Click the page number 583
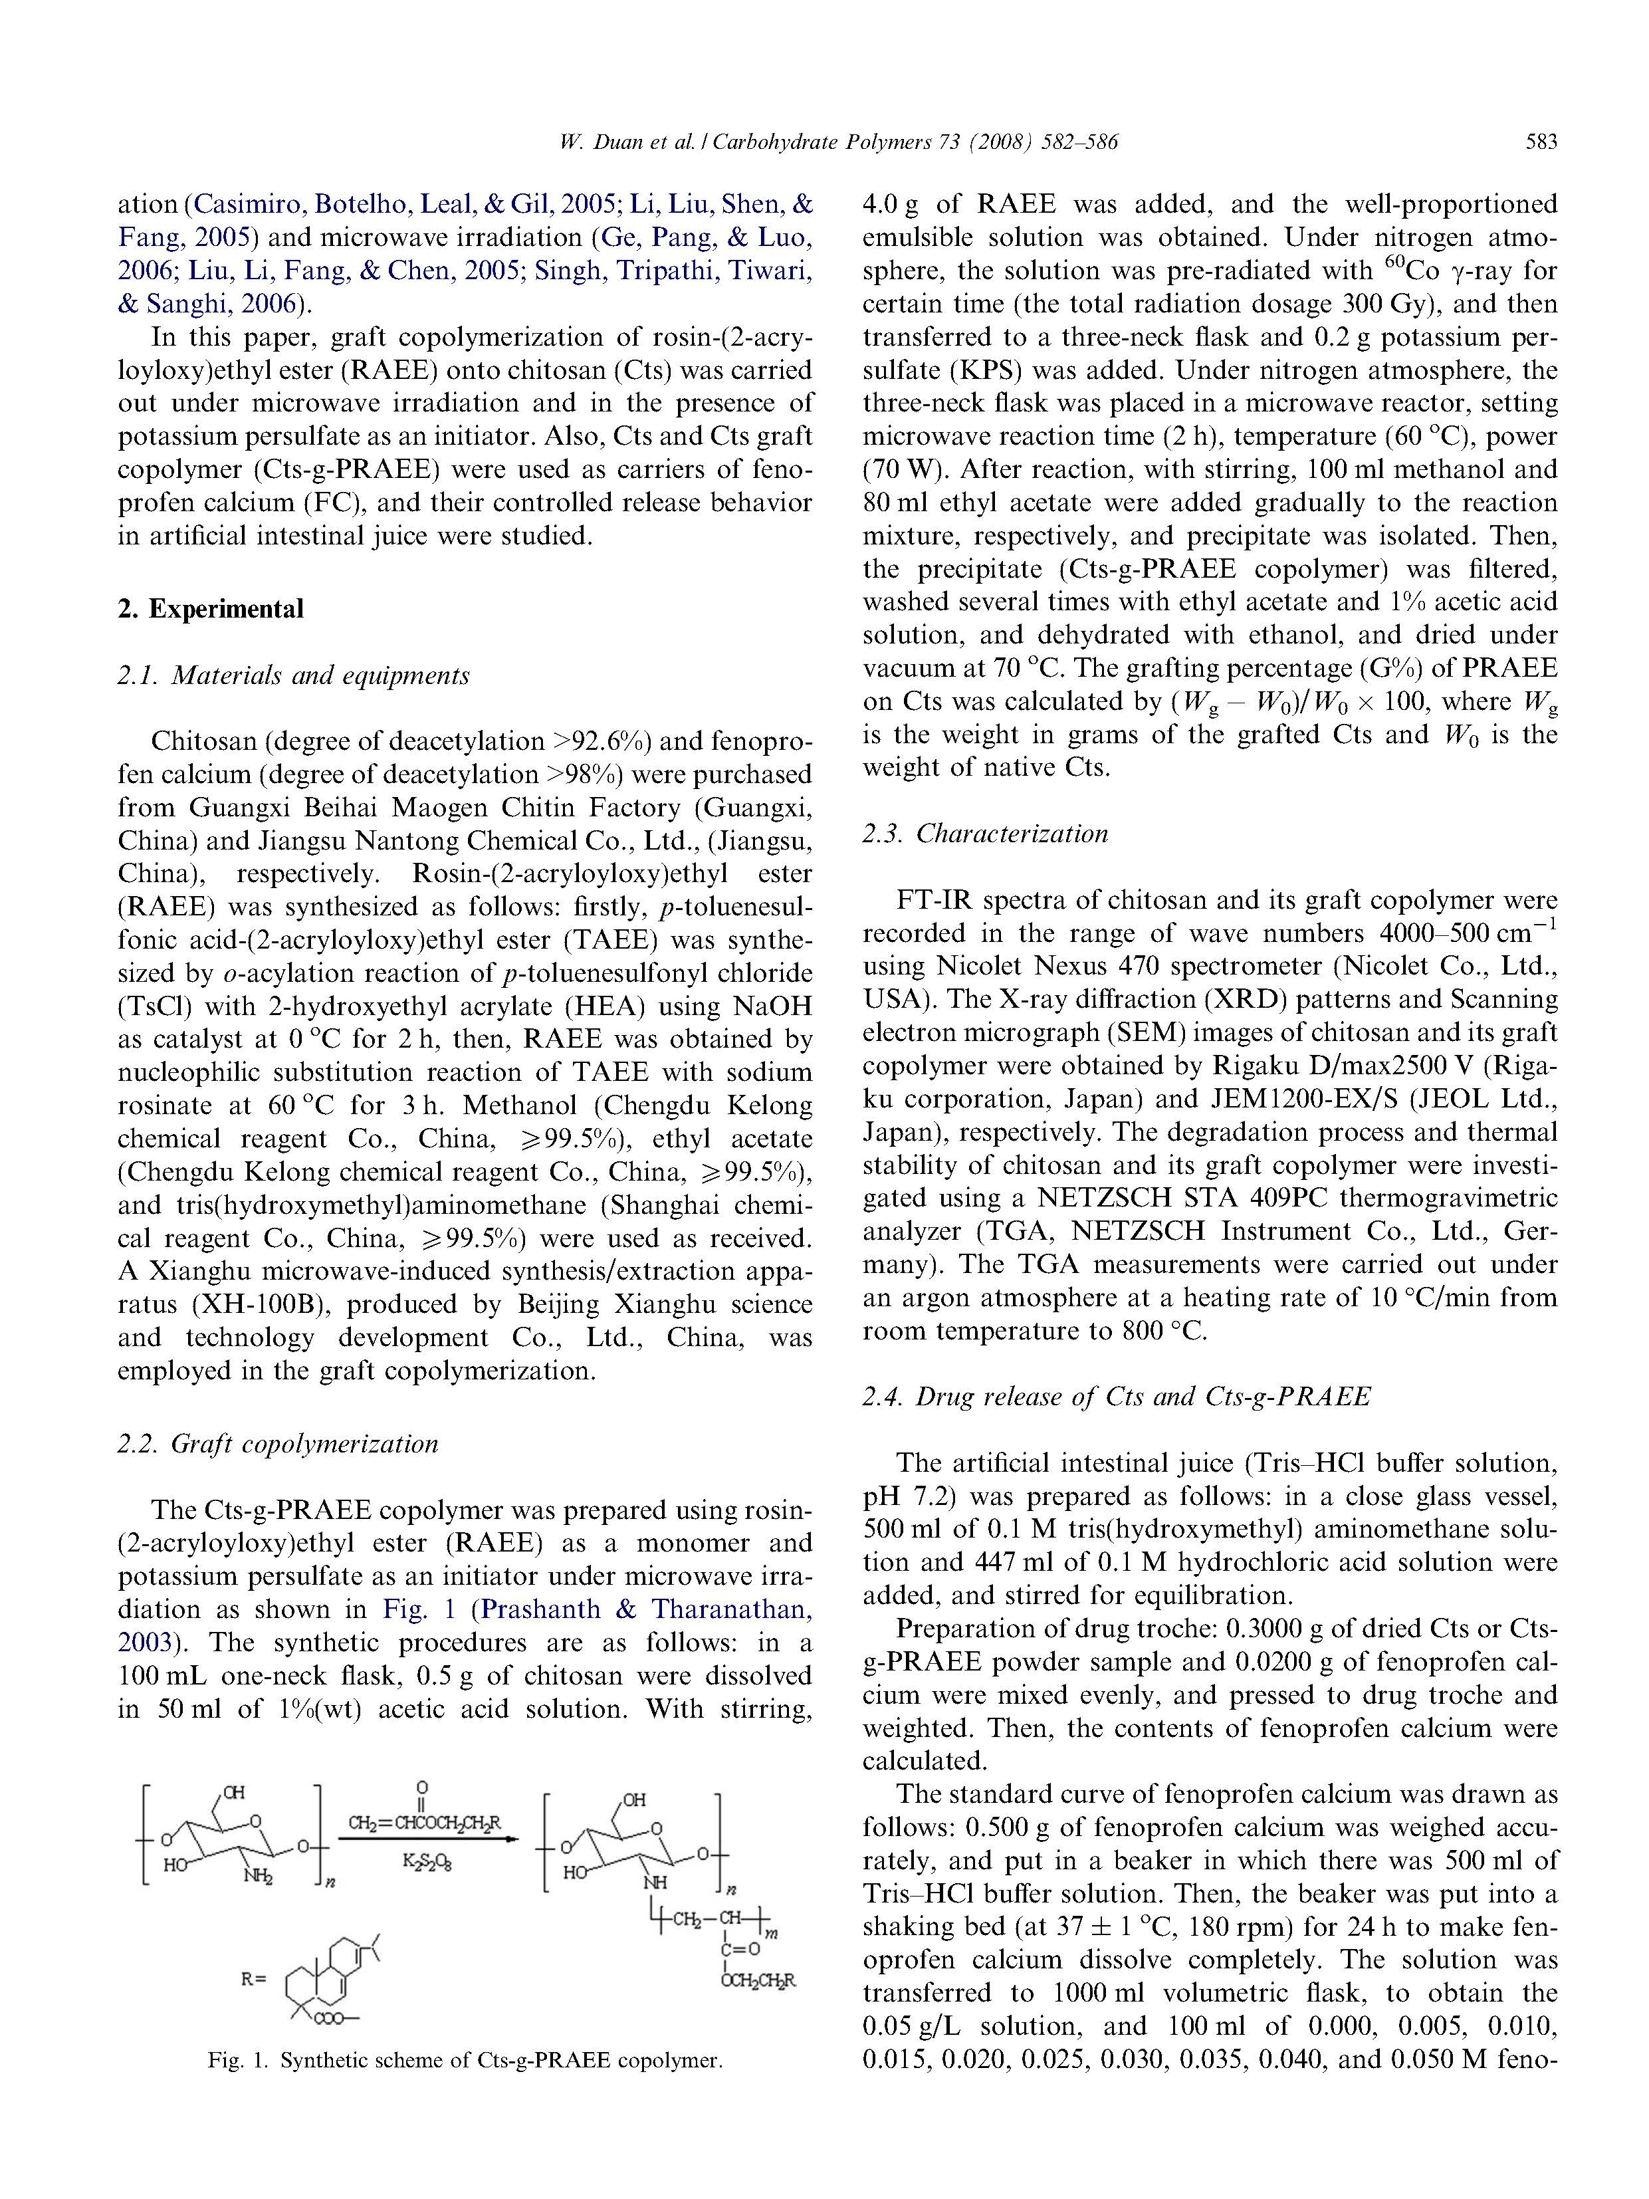point(1541,142)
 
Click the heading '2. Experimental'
point(210,608)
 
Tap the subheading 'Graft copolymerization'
point(303,1443)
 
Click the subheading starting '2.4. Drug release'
point(1115,1397)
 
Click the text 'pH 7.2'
point(909,1496)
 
